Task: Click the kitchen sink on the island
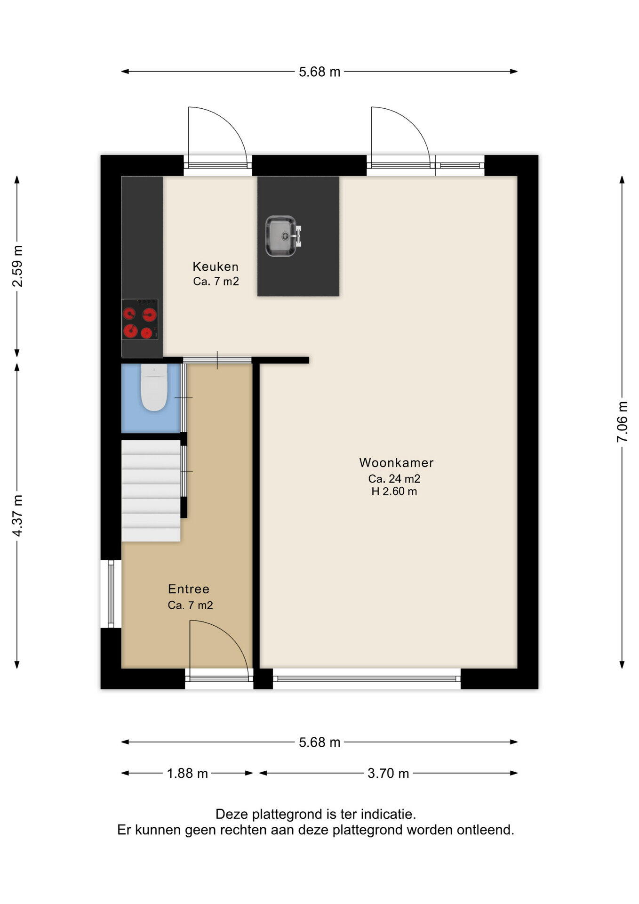pyautogui.click(x=283, y=236)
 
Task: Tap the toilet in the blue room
pyautogui.click(x=154, y=387)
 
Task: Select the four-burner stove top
pyautogui.click(x=140, y=319)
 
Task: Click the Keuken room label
pyautogui.click(x=216, y=267)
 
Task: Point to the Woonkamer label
pyautogui.click(x=396, y=463)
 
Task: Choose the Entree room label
pyautogui.click(x=189, y=589)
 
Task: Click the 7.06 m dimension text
pyautogui.click(x=622, y=421)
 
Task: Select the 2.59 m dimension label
pyautogui.click(x=17, y=266)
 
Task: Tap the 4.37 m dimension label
pyautogui.click(x=17, y=516)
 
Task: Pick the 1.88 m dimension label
pyautogui.click(x=187, y=774)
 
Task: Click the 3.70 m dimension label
pyautogui.click(x=388, y=774)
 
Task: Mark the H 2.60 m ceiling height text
pyautogui.click(x=394, y=492)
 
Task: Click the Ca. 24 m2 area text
pyautogui.click(x=394, y=479)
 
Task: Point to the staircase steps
pyautogui.click(x=151, y=491)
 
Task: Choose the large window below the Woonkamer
pyautogui.click(x=367, y=678)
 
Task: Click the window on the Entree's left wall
pyautogui.click(x=111, y=594)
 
